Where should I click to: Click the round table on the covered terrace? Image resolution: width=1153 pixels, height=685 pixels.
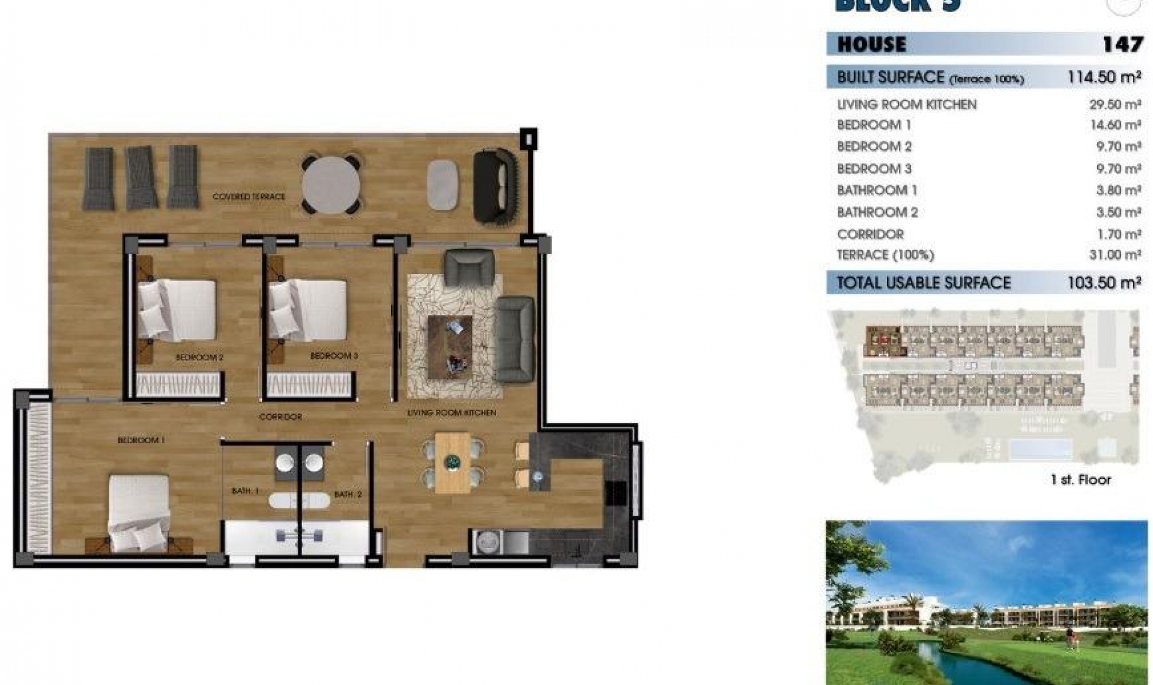tap(331, 184)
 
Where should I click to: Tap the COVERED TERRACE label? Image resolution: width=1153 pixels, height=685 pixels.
tap(249, 196)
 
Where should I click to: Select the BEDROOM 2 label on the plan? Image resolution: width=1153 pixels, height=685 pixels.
tap(199, 358)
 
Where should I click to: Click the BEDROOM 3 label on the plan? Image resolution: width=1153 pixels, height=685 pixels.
tap(334, 356)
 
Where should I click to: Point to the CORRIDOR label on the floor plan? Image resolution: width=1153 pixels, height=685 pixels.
tap(280, 416)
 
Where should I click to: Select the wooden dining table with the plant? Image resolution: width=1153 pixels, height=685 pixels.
tap(452, 463)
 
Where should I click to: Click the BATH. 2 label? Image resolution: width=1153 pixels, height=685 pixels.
tap(348, 495)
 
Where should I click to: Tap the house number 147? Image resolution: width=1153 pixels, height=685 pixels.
tap(1122, 44)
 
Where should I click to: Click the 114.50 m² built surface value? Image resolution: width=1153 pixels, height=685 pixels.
tap(1104, 78)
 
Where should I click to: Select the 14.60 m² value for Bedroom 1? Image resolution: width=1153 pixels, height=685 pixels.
tap(1115, 125)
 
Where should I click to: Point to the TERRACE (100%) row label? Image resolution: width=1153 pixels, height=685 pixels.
tap(885, 255)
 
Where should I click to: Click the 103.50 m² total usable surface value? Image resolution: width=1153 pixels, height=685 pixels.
tap(1104, 283)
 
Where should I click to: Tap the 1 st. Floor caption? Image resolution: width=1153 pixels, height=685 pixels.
tap(1080, 479)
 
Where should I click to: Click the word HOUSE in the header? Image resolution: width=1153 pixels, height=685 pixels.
tap(871, 44)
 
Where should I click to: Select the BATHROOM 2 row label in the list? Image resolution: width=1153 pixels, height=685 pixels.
tap(877, 212)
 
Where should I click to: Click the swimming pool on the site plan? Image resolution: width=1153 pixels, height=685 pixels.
tap(1040, 449)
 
